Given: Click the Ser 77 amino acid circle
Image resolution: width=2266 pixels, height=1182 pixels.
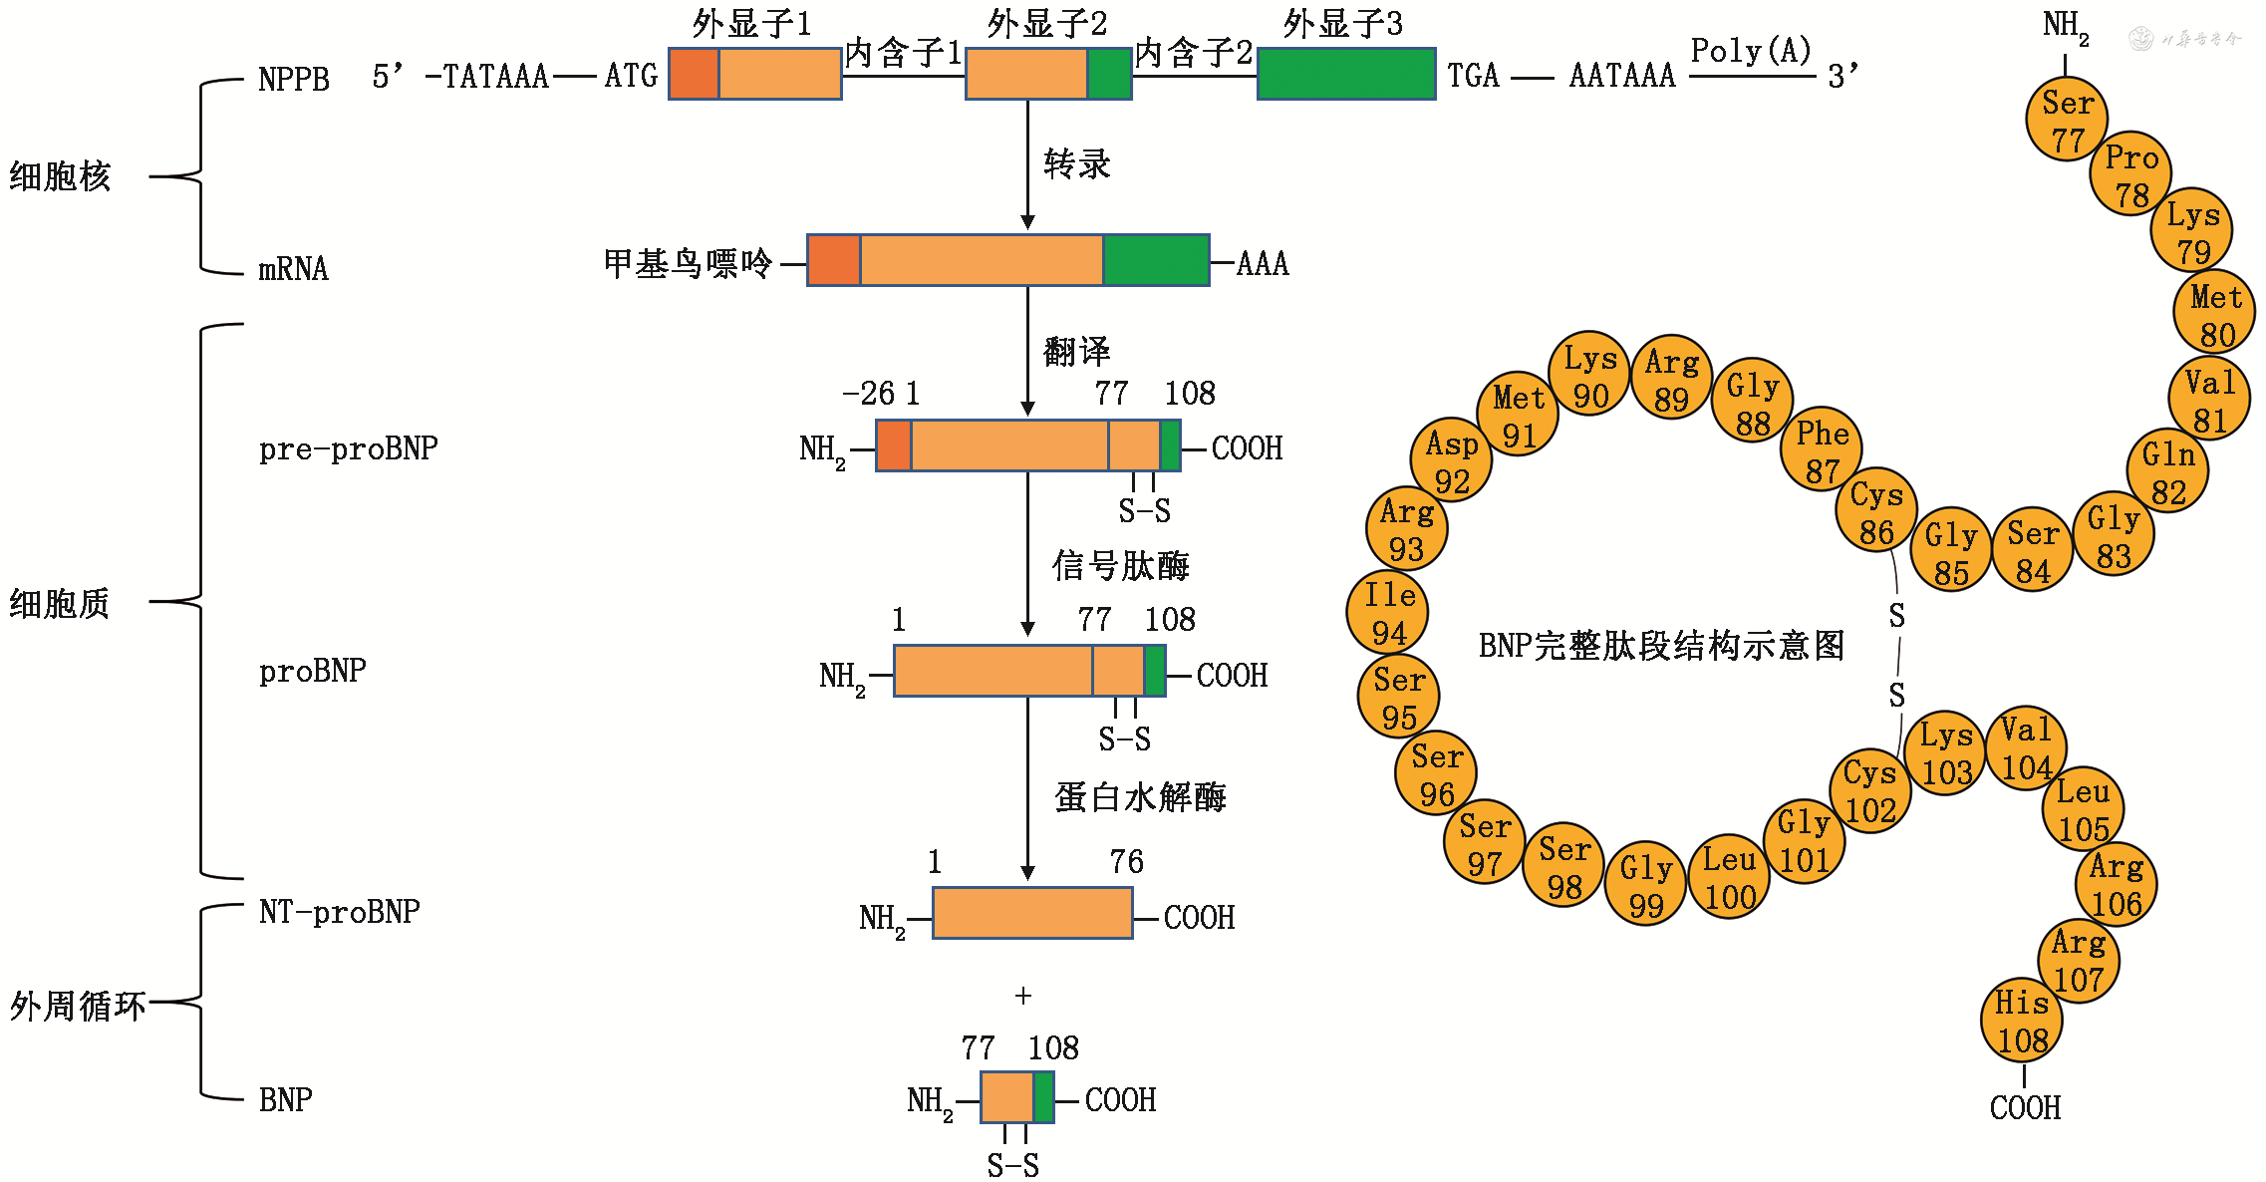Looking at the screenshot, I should point(2067,120).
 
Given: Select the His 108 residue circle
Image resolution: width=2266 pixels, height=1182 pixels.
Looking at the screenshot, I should point(2022,1021).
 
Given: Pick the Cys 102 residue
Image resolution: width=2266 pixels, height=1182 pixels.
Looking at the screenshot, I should point(1870,790).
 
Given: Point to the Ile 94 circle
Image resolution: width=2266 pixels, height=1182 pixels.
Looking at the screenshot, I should point(1388,613).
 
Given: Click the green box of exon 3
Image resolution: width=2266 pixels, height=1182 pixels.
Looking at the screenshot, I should point(1345,74).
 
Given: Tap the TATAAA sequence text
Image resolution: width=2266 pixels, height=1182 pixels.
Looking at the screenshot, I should point(495,76).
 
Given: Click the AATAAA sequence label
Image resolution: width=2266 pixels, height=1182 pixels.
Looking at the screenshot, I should point(1622,76).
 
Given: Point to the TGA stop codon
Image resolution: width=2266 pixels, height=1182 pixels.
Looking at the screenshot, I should point(1473,76).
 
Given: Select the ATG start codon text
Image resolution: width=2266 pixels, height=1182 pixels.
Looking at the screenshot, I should point(631,76).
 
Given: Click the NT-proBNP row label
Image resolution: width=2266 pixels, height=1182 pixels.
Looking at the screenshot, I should point(339,911).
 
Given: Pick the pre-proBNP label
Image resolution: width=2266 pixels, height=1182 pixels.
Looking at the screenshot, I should point(348,448).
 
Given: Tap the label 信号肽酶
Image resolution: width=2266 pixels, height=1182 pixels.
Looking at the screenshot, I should point(1120,566).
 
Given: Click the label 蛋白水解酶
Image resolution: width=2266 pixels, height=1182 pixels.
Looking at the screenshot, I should point(1140,797).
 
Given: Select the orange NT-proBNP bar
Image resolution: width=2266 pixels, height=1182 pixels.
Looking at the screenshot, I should point(1032,913).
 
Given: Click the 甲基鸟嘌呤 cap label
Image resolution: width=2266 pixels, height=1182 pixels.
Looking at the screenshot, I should point(688,264).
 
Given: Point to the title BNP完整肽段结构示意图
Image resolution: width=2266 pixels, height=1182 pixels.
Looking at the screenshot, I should point(1661,646).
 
